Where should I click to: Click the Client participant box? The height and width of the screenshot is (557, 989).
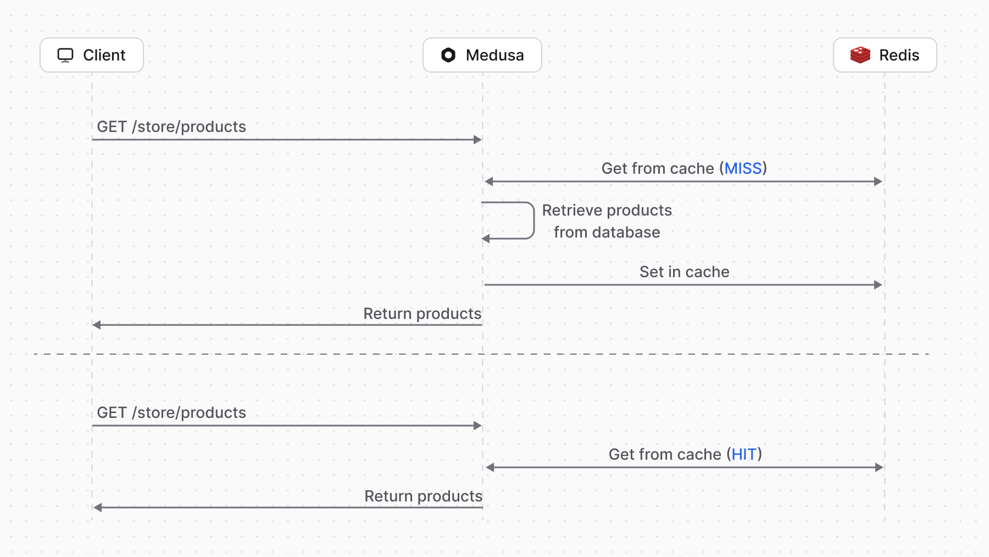(92, 55)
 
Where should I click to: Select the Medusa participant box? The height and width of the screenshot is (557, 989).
(482, 55)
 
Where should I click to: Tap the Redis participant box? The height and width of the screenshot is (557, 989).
(885, 55)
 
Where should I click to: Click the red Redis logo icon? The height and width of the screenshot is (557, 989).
(860, 55)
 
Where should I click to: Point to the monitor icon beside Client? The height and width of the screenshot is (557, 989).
(65, 55)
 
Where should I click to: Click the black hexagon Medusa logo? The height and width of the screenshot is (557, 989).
(448, 55)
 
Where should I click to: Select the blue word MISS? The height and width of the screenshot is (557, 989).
(743, 168)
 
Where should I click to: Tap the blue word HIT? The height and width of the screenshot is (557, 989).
(744, 454)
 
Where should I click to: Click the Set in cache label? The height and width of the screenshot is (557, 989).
(684, 272)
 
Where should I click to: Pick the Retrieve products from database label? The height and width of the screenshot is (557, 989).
(607, 221)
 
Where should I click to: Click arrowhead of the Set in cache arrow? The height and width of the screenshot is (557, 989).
(878, 285)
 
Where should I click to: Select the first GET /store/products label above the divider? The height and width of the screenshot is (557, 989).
(171, 126)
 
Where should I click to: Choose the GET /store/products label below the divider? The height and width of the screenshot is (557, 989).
(171, 412)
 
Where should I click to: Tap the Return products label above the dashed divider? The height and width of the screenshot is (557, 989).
(422, 313)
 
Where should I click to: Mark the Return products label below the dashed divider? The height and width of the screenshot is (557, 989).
(423, 496)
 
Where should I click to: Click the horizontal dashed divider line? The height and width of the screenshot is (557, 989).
(275, 354)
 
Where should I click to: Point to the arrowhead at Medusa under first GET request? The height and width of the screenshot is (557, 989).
(477, 140)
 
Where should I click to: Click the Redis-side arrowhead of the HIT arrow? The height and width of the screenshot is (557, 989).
(879, 467)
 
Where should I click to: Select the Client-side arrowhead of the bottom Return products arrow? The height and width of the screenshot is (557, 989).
(97, 508)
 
